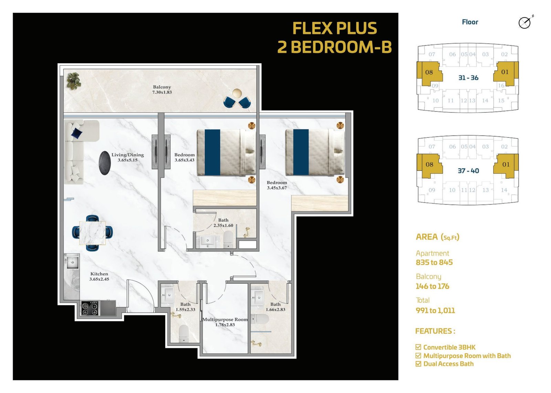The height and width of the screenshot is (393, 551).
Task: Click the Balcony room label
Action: [x=162, y=90]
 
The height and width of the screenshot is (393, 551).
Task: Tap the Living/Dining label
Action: [x=127, y=157]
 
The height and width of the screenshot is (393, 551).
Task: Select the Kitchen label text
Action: [x=99, y=276]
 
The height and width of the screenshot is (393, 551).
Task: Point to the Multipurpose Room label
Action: [x=225, y=322]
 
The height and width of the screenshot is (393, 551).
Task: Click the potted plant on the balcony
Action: [x=74, y=81]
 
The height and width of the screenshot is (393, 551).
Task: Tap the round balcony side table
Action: [x=237, y=93]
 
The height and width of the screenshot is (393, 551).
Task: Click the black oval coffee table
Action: [x=105, y=163]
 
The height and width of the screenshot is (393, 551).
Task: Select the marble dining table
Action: [x=93, y=233]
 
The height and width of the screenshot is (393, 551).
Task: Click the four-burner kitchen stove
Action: [x=90, y=308]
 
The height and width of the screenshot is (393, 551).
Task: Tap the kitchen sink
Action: [x=72, y=263]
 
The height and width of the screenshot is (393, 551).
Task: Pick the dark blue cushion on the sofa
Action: [x=77, y=133]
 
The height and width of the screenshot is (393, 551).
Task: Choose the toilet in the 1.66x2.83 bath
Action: [x=260, y=319]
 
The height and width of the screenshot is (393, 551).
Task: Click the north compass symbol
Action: [x=525, y=23]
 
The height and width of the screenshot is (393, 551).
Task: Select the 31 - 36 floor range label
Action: [x=468, y=78]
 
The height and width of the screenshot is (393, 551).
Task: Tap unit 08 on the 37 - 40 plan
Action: [x=429, y=164]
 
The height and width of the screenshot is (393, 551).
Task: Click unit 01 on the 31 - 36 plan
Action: [x=505, y=72]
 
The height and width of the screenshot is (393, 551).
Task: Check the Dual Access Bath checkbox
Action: [x=418, y=364]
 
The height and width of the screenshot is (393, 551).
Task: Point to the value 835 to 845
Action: [x=434, y=262]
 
